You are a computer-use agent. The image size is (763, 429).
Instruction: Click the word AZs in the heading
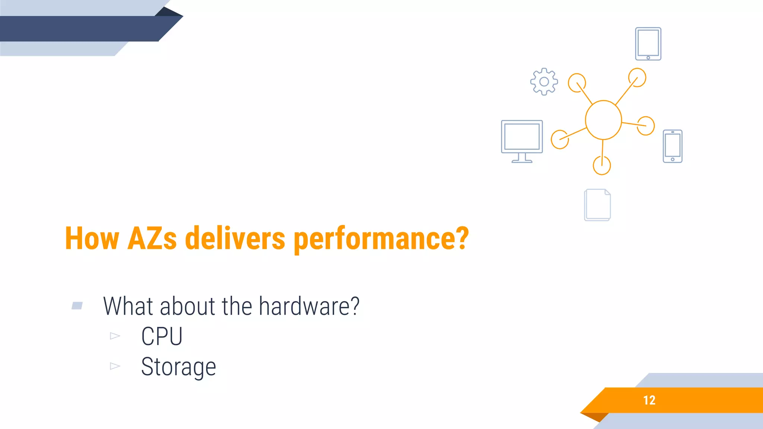[152, 238]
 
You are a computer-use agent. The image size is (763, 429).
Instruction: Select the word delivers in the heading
[235, 238]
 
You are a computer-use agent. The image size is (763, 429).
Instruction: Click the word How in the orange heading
[92, 238]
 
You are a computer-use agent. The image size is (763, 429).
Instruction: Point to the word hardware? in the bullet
[309, 306]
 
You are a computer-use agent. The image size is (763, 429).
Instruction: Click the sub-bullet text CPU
[162, 336]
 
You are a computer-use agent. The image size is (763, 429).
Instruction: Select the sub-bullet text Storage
[178, 367]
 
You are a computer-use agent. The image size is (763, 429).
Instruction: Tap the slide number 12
[649, 400]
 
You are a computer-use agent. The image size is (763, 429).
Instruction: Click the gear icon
[544, 82]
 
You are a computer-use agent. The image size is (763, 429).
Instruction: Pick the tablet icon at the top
[648, 44]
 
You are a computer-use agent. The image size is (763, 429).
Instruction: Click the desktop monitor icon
[522, 141]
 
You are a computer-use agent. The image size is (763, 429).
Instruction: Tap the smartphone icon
[672, 146]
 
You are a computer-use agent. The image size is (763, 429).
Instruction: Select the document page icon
[597, 205]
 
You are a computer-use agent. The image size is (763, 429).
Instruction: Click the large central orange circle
[603, 120]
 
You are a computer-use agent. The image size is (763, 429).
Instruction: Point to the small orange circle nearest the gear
[577, 82]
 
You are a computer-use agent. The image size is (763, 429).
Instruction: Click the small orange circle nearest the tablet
[637, 77]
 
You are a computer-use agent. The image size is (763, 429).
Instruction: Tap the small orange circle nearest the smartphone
[646, 125]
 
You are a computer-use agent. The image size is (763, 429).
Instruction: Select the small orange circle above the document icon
[602, 165]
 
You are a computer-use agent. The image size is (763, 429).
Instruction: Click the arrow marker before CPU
[115, 336]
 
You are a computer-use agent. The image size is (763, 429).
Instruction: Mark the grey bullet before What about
[77, 306]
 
